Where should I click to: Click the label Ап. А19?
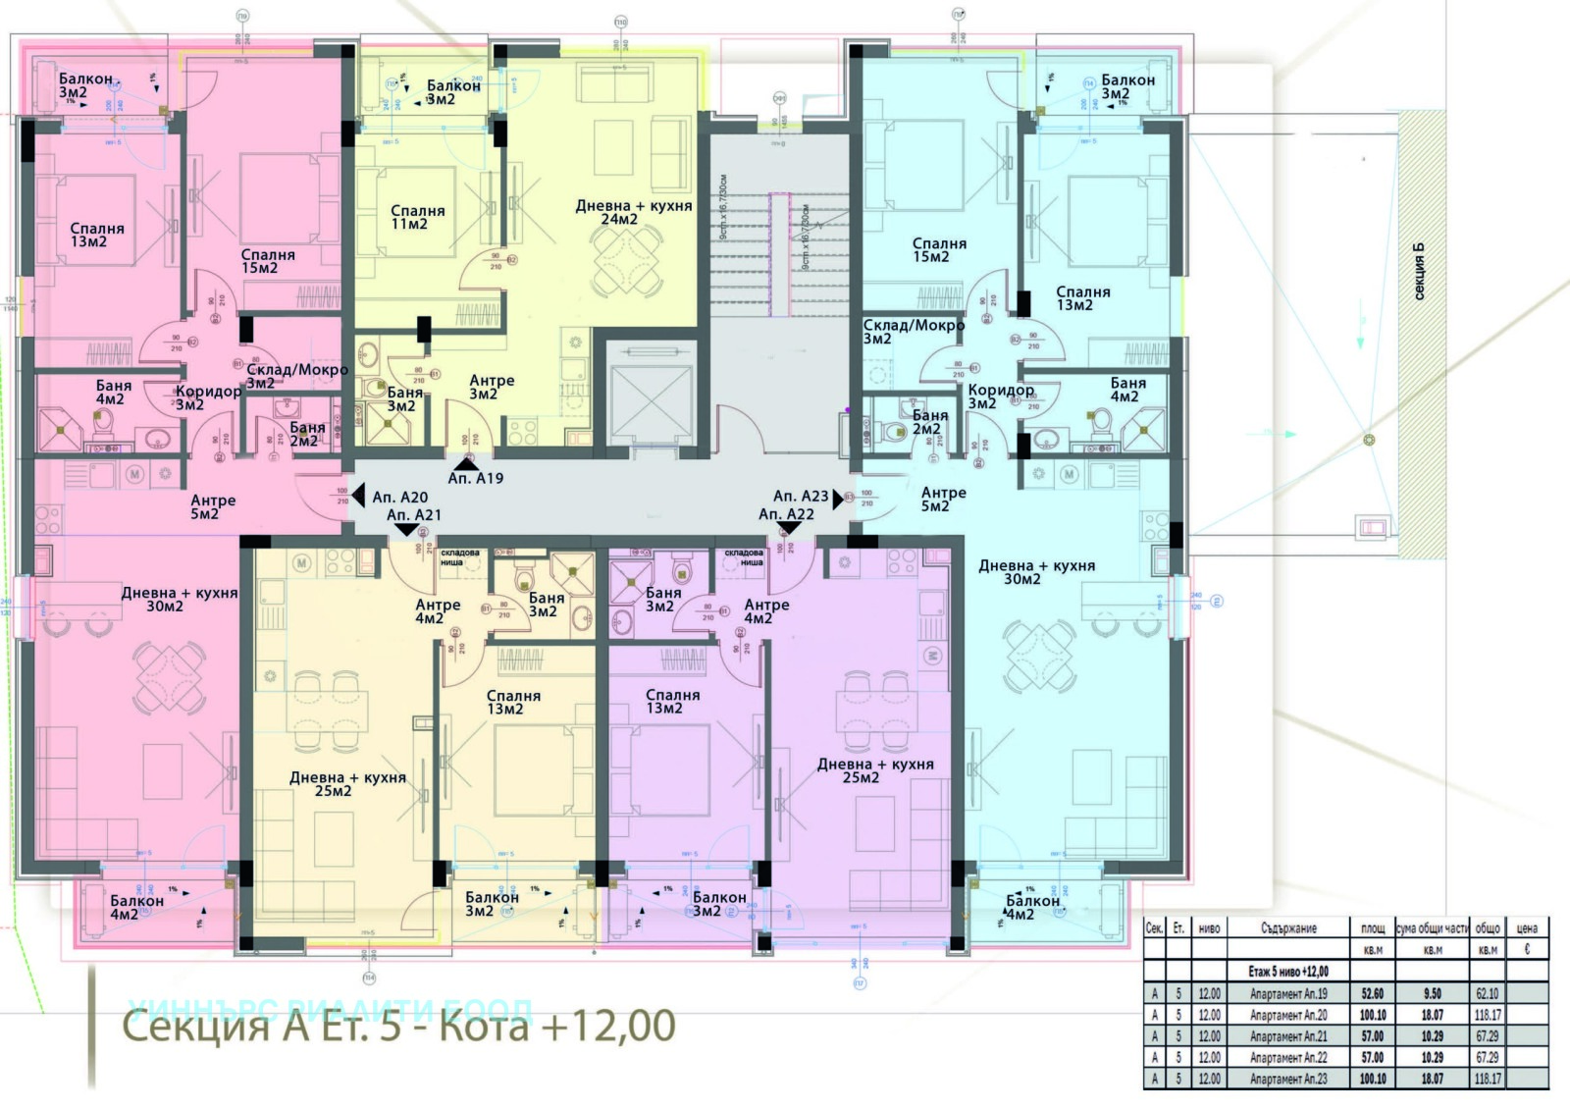coord(475,478)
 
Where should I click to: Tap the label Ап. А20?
coord(399,498)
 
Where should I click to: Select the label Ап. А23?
coord(800,497)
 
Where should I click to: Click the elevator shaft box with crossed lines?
coord(651,399)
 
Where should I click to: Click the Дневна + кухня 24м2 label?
coord(633,213)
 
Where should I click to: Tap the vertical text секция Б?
coord(1418,272)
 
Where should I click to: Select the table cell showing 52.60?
coord(1372,994)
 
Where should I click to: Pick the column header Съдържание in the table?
coord(1288,928)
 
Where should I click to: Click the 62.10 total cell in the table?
coord(1487,994)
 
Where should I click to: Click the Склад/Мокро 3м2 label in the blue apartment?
coord(913,332)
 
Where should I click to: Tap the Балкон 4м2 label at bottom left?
coord(136,908)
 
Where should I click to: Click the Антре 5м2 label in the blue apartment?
coord(943,500)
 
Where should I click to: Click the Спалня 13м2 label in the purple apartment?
coord(672,702)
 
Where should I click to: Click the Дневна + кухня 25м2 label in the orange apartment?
coord(346,784)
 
